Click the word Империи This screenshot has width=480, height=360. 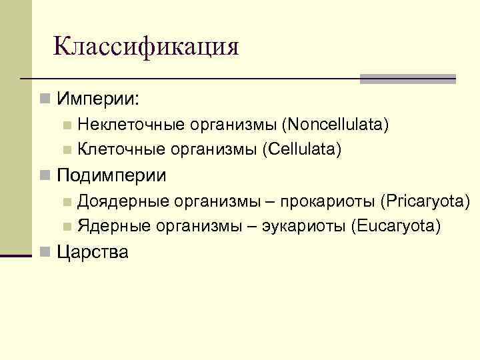click(98, 99)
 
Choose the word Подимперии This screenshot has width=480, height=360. click(112, 175)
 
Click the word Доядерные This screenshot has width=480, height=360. click(121, 201)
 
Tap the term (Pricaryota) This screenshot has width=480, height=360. click(425, 201)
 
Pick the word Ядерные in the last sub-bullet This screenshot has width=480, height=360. click(113, 226)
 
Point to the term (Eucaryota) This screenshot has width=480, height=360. click(395, 226)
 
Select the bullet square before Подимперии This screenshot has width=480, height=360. click(45, 175)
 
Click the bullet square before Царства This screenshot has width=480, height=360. click(45, 251)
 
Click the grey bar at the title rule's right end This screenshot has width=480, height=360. click(407, 79)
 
